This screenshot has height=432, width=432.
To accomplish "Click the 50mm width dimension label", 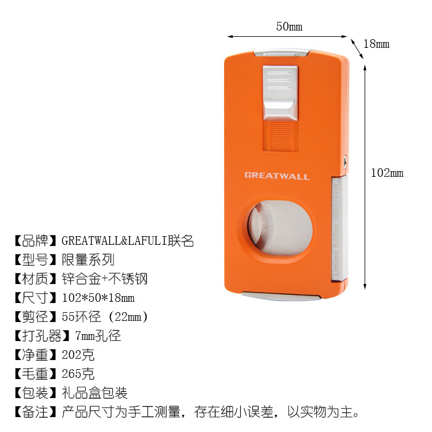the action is (x=289, y=26).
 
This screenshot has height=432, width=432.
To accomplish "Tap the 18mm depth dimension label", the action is (x=378, y=44).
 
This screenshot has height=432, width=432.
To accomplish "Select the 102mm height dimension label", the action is (x=387, y=173).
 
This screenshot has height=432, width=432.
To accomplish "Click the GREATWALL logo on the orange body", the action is (x=276, y=176).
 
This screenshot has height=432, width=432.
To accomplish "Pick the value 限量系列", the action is (x=88, y=259).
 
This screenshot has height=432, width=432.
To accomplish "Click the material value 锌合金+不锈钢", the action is (x=105, y=279).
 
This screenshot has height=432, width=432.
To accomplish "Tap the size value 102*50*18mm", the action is (x=98, y=298).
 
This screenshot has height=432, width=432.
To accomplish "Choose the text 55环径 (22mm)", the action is (x=105, y=317).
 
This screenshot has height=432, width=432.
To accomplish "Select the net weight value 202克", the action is (x=78, y=355).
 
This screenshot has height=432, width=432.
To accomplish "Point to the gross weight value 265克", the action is (x=78, y=374).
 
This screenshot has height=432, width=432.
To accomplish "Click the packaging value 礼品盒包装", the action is (x=95, y=393).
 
